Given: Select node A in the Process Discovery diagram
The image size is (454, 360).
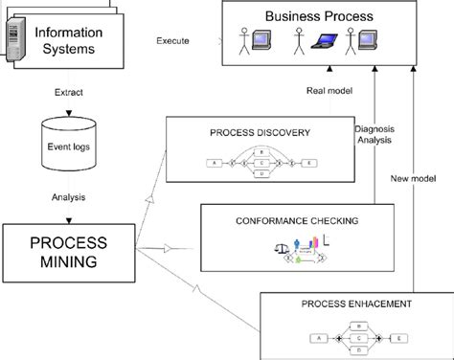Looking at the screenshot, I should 212,164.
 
